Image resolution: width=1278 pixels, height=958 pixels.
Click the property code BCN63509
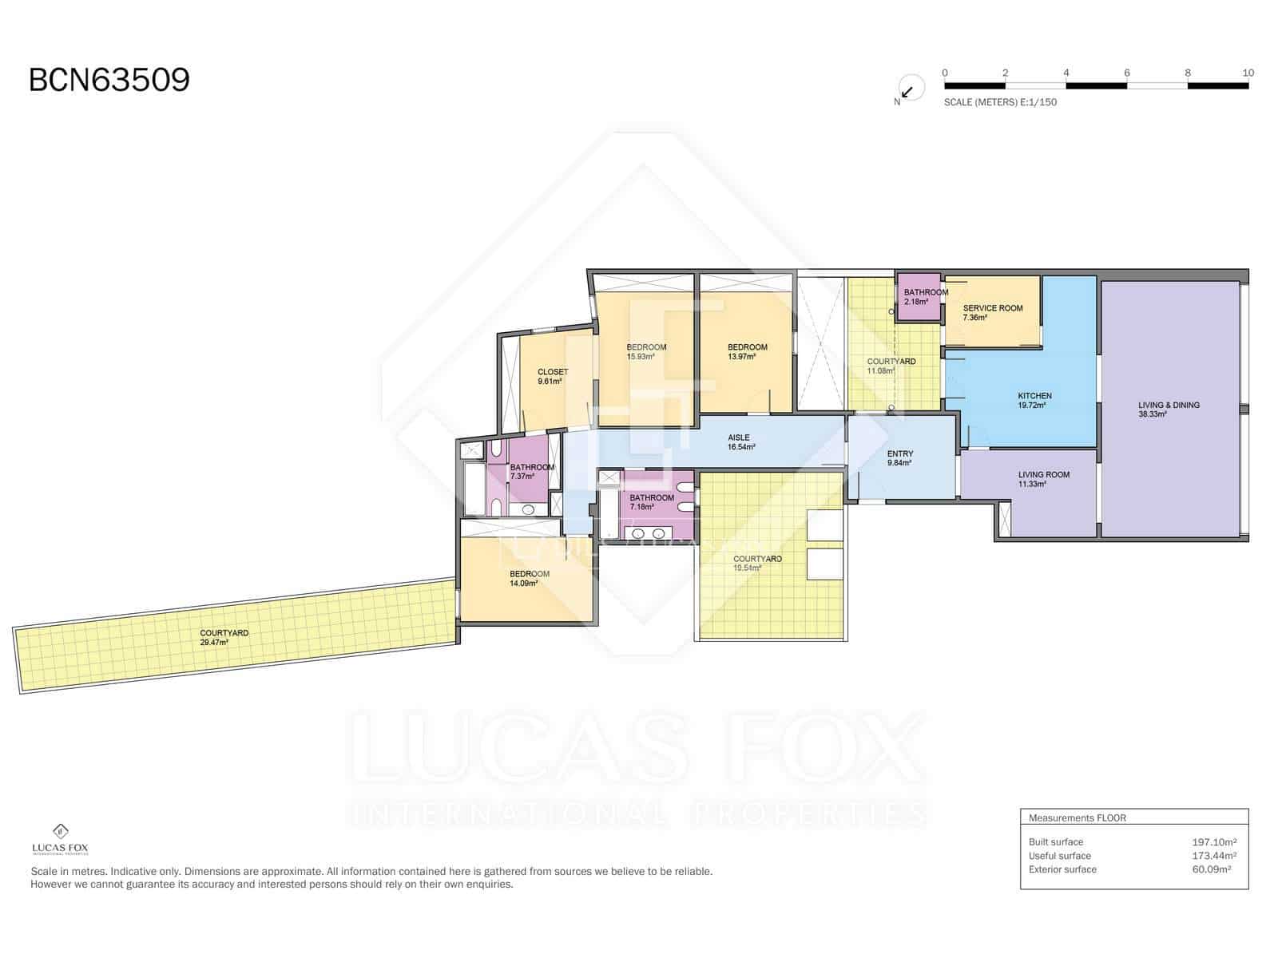click(x=109, y=80)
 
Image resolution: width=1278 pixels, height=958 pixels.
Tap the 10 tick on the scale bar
click(x=1248, y=73)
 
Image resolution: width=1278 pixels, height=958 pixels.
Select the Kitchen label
click(x=1034, y=400)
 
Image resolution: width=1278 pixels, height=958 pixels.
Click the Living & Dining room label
click(x=1169, y=410)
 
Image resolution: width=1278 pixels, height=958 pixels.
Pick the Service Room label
click(x=992, y=313)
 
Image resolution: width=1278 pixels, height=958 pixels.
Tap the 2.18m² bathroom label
click(x=925, y=297)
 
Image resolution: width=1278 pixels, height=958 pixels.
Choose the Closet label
click(x=552, y=376)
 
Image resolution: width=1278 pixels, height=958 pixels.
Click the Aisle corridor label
click(x=740, y=442)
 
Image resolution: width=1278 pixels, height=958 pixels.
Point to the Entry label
click(x=899, y=458)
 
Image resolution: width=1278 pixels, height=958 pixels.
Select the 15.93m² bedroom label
click(x=645, y=352)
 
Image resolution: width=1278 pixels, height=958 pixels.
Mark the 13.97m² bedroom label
click(x=747, y=352)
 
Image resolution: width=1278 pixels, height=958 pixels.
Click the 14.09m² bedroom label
click(x=529, y=579)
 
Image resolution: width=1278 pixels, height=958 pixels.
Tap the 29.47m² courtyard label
click(x=224, y=638)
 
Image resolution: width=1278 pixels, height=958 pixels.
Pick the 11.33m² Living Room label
click(x=1043, y=479)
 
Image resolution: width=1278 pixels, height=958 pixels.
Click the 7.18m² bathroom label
click(x=651, y=503)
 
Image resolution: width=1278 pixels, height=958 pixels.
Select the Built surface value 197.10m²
click(x=1214, y=841)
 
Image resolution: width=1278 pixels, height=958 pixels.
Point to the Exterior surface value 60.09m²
click(x=1211, y=869)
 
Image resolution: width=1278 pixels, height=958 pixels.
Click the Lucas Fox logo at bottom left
click(x=60, y=839)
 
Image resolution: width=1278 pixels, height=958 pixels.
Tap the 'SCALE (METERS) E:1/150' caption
click(x=1000, y=102)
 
